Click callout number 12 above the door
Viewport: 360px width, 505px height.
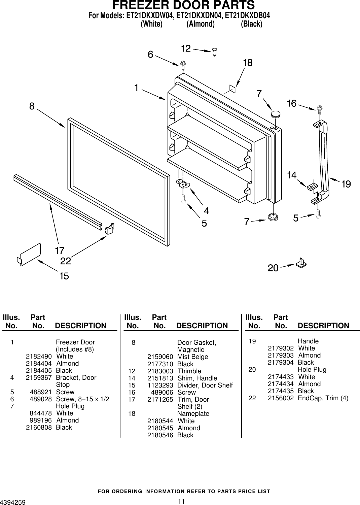(186, 49)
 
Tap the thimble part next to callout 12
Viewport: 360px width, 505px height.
(215, 52)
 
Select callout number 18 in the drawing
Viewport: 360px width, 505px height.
(248, 63)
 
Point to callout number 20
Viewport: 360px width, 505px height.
(273, 268)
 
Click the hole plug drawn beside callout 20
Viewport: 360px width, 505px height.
(301, 262)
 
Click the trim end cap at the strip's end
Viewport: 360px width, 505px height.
(109, 229)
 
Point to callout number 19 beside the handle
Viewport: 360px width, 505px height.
(346, 184)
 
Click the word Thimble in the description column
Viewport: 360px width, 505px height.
(189, 371)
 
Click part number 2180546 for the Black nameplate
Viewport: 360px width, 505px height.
(160, 435)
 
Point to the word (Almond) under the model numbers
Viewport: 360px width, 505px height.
(201, 24)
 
